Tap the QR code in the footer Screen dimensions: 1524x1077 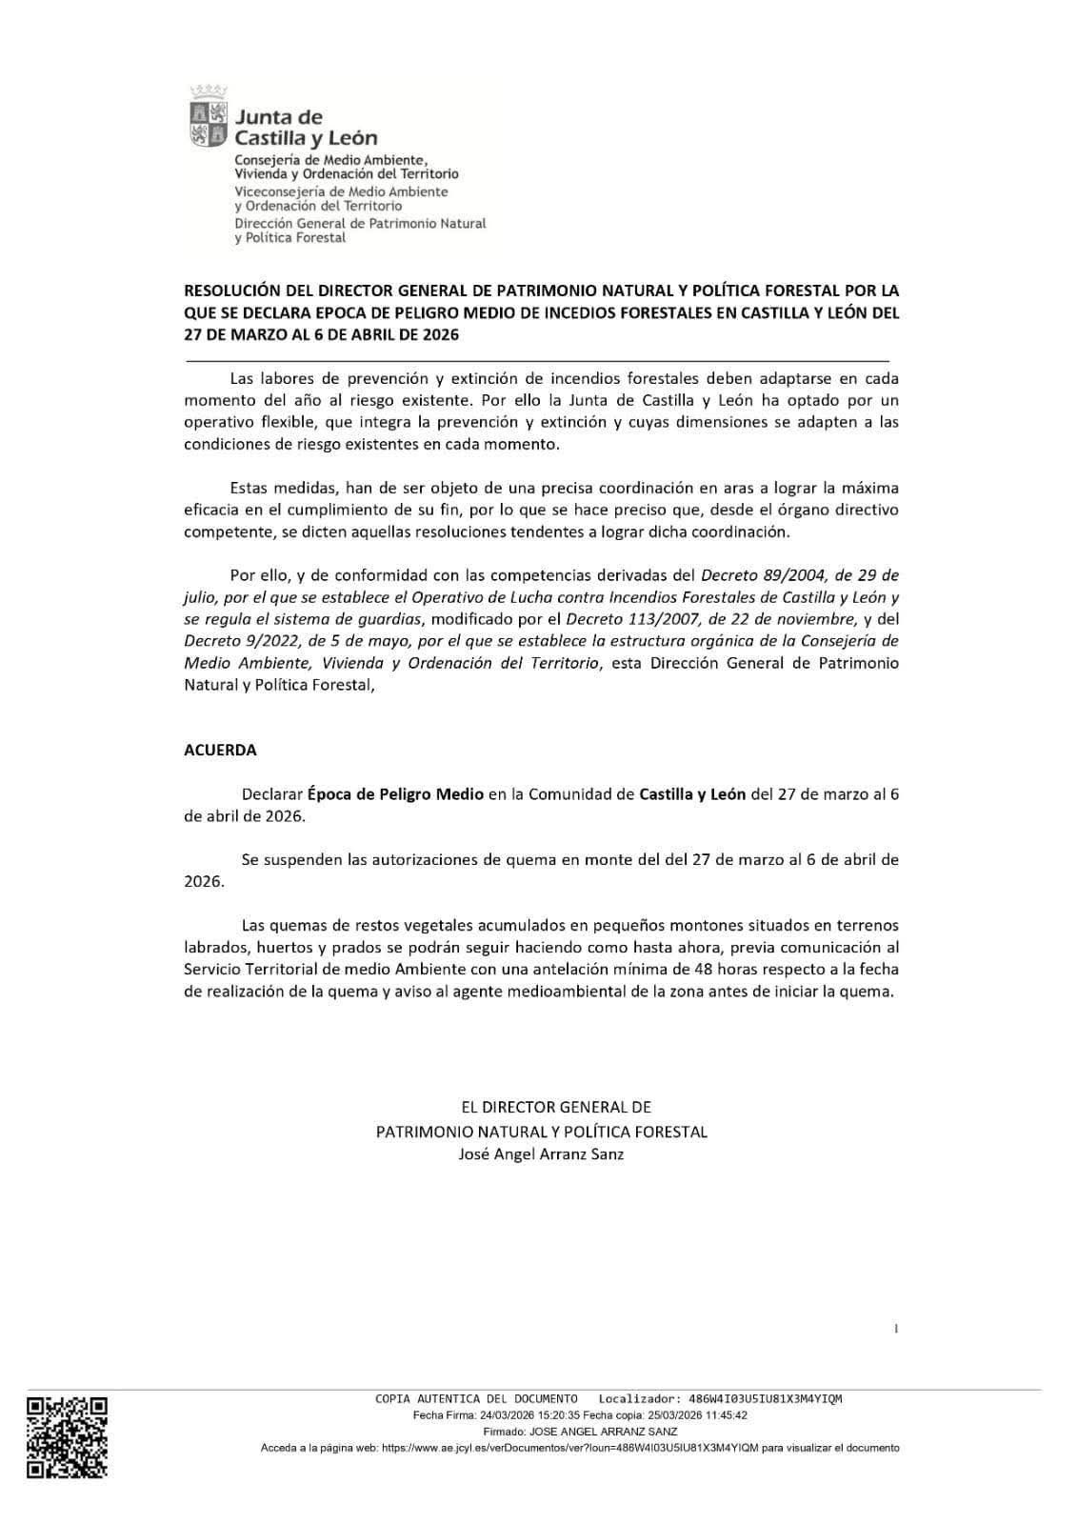coord(67,1436)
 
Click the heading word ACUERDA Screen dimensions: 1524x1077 coord(220,750)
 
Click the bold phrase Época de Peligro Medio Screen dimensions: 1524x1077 coord(395,793)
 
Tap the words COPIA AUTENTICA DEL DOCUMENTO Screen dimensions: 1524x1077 coord(476,1399)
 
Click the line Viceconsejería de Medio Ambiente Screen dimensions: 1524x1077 coord(341,191)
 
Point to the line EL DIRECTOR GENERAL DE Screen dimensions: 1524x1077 coord(541,1107)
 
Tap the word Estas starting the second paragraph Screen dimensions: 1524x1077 coord(248,488)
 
